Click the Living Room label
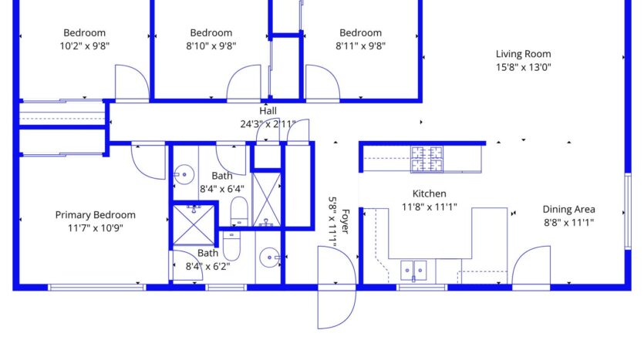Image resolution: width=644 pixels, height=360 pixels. click(x=523, y=54)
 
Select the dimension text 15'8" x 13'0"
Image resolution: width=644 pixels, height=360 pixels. click(x=523, y=67)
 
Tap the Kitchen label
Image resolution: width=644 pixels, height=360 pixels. click(x=429, y=193)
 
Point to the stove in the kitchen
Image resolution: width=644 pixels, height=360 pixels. click(x=427, y=159)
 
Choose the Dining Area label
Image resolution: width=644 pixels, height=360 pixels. click(x=568, y=209)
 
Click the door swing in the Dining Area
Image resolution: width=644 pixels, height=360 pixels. click(x=532, y=266)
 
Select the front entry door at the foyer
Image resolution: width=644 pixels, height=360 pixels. click(x=335, y=285)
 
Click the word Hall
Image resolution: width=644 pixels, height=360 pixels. click(x=268, y=111)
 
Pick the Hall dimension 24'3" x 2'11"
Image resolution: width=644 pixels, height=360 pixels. click(x=268, y=123)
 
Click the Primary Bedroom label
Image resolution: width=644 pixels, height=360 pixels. click(x=95, y=215)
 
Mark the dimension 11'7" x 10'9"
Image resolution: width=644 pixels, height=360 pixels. click(x=95, y=227)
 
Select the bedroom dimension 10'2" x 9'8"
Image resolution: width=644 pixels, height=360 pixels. click(x=84, y=45)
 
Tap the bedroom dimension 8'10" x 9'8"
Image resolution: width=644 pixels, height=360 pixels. click(x=211, y=45)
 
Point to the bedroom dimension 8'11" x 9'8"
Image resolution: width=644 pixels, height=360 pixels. click(x=360, y=45)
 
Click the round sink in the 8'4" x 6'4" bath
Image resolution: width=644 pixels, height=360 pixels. click(x=184, y=173)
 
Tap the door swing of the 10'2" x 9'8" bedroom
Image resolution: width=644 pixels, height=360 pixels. click(x=131, y=82)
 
